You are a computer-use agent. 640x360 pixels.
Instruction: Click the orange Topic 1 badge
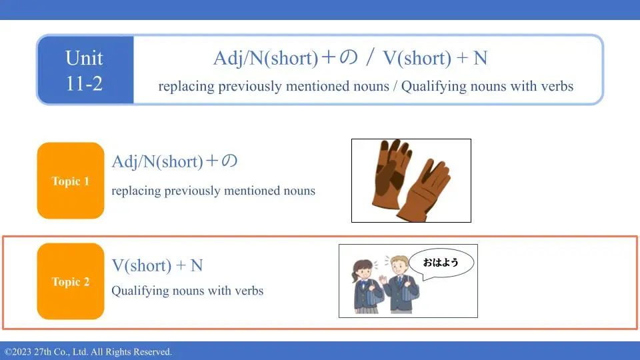pyautogui.click(x=71, y=181)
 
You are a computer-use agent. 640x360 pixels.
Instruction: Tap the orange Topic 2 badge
pyautogui.click(x=71, y=281)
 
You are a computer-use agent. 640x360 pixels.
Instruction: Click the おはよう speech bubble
pyautogui.click(x=441, y=263)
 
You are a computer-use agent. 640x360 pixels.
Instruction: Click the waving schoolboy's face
pyautogui.click(x=399, y=267)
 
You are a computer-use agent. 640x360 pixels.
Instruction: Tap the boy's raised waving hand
pyautogui.click(x=383, y=280)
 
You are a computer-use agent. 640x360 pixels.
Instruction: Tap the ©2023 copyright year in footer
pyautogui.click(x=18, y=352)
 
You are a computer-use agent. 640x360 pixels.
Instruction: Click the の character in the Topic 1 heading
pyautogui.click(x=229, y=161)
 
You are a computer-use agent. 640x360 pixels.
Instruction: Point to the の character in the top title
pyautogui.click(x=349, y=57)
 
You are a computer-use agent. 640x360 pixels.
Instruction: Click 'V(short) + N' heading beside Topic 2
pyautogui.click(x=157, y=265)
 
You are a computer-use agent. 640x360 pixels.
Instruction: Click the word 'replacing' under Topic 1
pyautogui.click(x=136, y=191)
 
